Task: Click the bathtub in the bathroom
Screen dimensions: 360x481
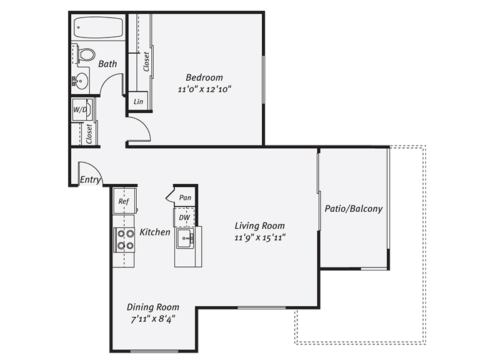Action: coord(99,28)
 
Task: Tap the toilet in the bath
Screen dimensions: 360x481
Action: coord(86,55)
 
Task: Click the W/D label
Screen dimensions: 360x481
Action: coord(80,110)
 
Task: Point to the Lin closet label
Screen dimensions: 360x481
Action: coord(138,101)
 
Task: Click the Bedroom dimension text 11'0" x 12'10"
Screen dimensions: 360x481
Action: coord(204,89)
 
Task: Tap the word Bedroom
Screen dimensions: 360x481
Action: coord(204,77)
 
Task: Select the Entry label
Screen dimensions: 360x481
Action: coord(91,180)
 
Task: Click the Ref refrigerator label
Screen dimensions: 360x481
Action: coord(124,201)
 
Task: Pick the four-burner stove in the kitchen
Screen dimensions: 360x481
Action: coord(124,239)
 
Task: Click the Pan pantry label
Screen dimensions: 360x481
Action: coord(185,197)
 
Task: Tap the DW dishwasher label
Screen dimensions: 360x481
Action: coord(184,217)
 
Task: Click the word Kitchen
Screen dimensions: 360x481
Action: coord(155,232)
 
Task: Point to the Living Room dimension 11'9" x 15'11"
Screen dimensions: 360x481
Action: coord(260,238)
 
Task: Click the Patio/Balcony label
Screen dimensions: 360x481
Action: coord(354,209)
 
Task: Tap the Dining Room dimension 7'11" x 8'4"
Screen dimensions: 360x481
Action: coord(153,319)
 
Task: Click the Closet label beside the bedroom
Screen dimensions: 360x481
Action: coord(146,61)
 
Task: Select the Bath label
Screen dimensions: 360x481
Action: coord(107,64)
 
